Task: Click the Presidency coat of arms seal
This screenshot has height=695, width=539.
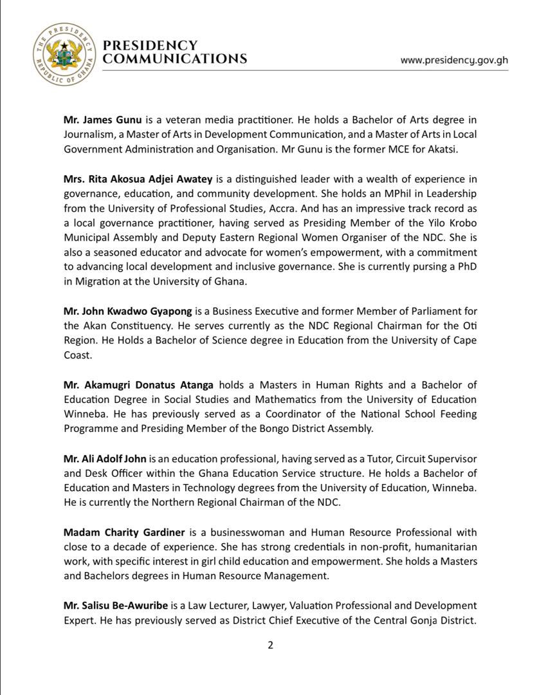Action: click(63, 53)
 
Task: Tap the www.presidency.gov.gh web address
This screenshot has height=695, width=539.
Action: click(454, 60)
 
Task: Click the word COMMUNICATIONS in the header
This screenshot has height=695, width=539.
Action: click(175, 59)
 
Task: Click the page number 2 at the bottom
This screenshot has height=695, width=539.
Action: click(271, 645)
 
